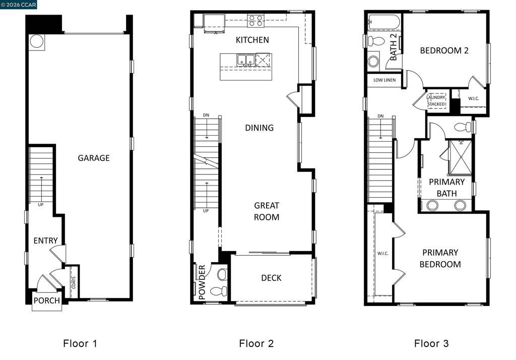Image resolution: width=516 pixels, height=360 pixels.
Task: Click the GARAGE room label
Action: click(94, 158)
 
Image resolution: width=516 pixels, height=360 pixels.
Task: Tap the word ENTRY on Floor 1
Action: click(45, 241)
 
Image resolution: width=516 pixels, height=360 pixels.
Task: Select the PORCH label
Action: click(47, 301)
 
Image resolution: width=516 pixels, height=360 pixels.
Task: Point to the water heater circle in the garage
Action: click(37, 41)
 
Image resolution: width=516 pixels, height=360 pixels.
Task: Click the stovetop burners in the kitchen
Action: click(255, 21)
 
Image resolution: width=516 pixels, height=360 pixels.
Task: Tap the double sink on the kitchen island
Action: click(245, 60)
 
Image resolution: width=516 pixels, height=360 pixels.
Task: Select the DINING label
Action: click(259, 128)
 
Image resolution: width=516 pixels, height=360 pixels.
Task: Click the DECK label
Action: click(271, 278)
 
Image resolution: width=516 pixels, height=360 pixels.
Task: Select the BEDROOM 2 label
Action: click(444, 50)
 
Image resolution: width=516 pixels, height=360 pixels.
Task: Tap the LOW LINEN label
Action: click(384, 80)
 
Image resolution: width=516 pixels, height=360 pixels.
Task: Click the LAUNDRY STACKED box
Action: click(436, 101)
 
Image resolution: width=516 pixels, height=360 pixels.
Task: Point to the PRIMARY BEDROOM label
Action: click(440, 258)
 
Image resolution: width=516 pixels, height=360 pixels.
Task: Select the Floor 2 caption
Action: click(256, 343)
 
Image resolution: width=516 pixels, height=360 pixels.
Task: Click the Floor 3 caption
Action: click(431, 343)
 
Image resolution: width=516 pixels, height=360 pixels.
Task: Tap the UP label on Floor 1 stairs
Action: click(41, 205)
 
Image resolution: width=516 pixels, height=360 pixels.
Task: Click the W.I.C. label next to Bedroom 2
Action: click(473, 98)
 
